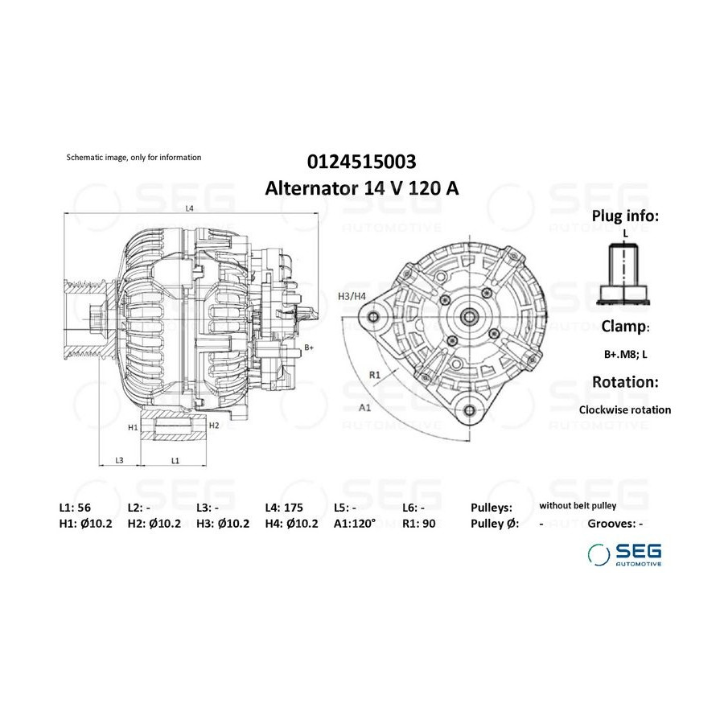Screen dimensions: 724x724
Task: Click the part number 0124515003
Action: [361, 162]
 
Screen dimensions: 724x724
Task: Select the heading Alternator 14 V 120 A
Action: [361, 188]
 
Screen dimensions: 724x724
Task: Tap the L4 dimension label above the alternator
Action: [189, 208]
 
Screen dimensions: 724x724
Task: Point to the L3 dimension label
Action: [119, 460]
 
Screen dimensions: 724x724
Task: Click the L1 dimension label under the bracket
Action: [175, 460]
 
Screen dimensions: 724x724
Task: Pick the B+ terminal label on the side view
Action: [309, 348]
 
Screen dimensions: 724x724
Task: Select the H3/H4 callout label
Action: [352, 296]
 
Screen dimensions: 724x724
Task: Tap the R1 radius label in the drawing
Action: [374, 375]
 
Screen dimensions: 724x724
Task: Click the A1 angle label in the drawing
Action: [364, 407]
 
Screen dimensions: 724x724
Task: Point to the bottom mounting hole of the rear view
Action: [470, 410]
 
